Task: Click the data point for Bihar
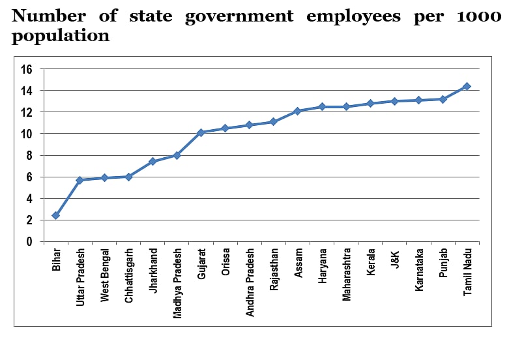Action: click(x=56, y=215)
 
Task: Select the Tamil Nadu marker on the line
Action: click(x=467, y=86)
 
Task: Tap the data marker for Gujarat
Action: click(x=201, y=132)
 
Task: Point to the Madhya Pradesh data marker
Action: click(x=177, y=155)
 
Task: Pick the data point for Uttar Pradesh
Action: click(x=80, y=180)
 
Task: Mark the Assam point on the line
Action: click(x=298, y=111)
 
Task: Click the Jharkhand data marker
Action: click(x=153, y=161)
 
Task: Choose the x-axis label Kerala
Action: click(x=371, y=262)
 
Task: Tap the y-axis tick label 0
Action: click(x=29, y=242)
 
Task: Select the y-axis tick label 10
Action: click(x=26, y=134)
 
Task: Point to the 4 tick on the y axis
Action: click(x=29, y=199)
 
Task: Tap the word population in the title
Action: click(x=61, y=36)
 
